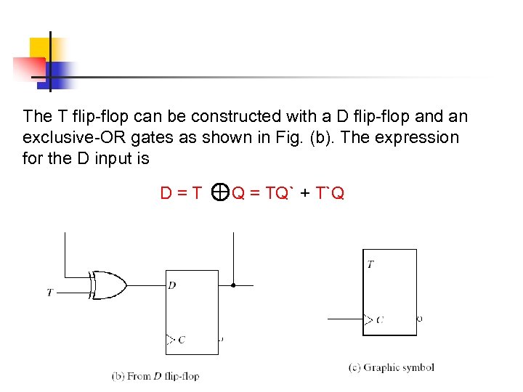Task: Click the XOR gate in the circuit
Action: tap(107, 285)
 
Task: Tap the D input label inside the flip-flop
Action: tap(171, 285)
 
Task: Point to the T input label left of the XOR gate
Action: tap(49, 293)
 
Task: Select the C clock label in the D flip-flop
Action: tap(181, 339)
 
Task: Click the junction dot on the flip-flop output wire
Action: tap(232, 285)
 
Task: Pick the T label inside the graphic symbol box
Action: tap(370, 265)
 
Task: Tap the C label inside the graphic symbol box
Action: tap(380, 319)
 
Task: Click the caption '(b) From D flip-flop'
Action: tap(155, 376)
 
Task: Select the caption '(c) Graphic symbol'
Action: tap(391, 367)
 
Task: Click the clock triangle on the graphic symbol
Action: tap(368, 319)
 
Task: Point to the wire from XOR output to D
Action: tap(145, 285)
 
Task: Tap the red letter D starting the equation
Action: tap(166, 192)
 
